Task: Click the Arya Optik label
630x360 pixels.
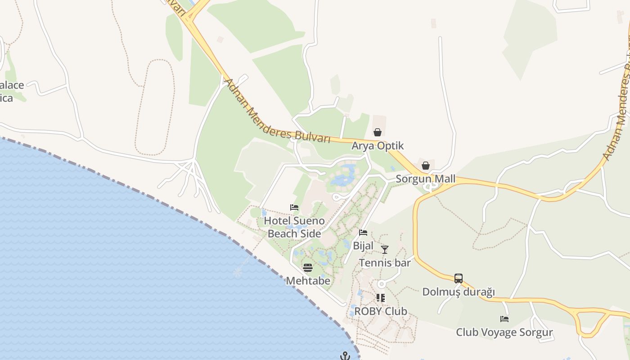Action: tap(378, 146)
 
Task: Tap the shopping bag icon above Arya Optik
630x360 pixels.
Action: tap(378, 132)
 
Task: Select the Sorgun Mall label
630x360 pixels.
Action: tap(425, 179)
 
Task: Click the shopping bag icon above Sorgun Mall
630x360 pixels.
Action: tap(426, 166)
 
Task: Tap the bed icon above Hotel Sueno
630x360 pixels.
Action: tap(294, 207)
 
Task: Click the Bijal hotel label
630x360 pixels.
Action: tap(363, 246)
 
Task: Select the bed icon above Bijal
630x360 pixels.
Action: tap(363, 233)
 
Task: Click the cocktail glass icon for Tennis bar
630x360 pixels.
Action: tap(384, 249)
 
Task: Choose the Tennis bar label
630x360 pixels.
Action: tap(385, 263)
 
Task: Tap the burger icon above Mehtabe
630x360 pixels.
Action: tap(308, 268)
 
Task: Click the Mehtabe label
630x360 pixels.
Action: tap(308, 281)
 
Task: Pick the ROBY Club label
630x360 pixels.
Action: tap(381, 311)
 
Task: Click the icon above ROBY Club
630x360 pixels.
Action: tap(381, 298)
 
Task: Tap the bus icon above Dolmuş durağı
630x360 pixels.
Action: tap(459, 279)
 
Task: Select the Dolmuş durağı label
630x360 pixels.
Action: tap(459, 292)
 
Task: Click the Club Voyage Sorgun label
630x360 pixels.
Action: tap(504, 333)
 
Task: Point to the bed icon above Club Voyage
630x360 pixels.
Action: tap(504, 319)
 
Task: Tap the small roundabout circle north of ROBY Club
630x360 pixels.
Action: tap(382, 284)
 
